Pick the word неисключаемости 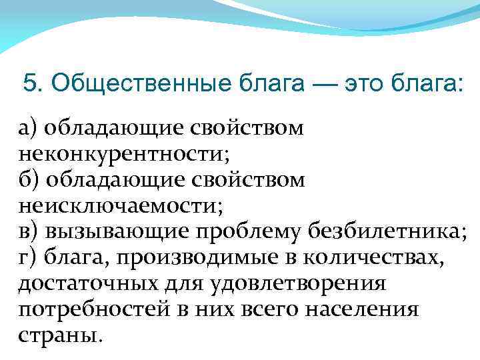pos(117,206)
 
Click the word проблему pos(251,232)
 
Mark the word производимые pos(192,258)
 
